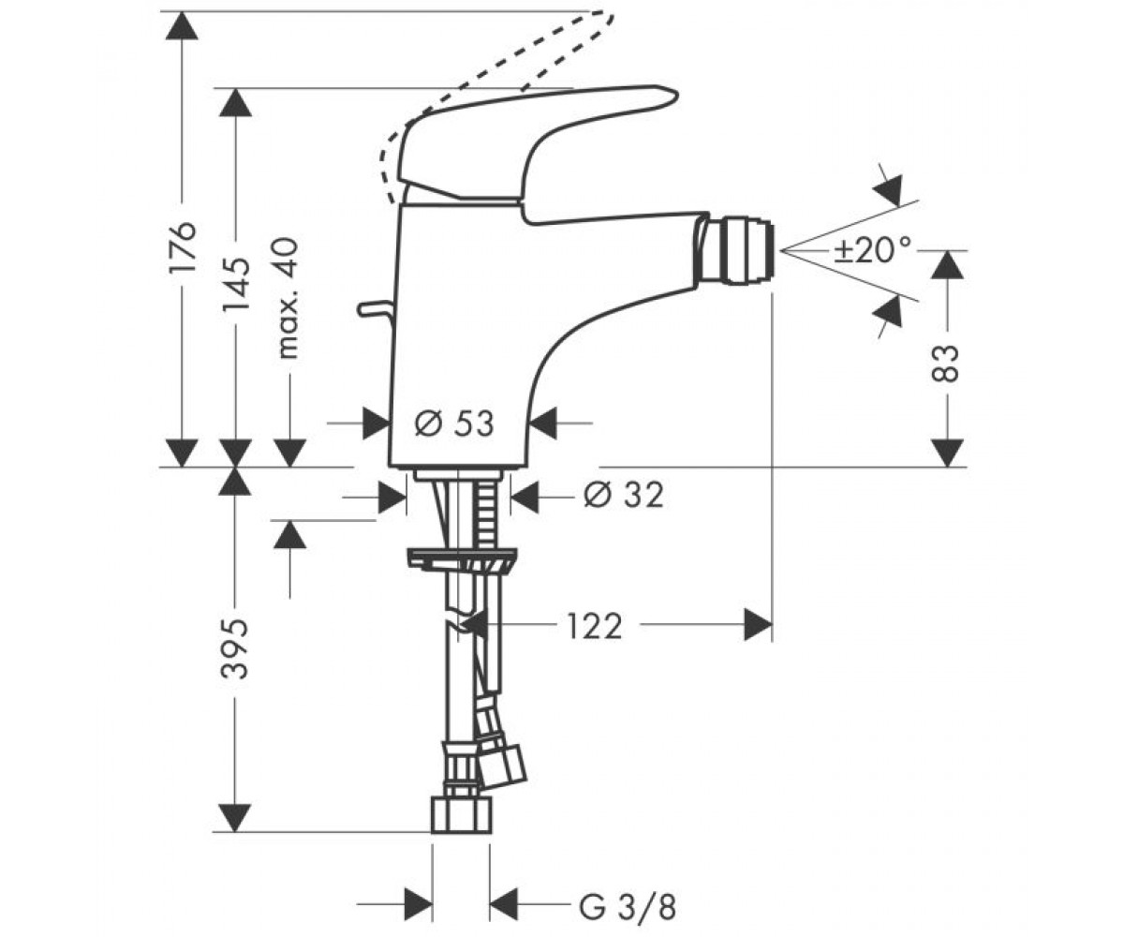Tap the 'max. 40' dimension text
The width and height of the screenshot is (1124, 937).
click(x=288, y=298)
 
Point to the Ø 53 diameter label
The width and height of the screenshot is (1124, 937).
click(x=453, y=424)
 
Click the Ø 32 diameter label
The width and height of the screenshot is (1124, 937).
click(x=624, y=495)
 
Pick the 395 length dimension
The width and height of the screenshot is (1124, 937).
click(x=236, y=649)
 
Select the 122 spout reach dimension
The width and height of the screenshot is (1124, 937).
click(x=595, y=626)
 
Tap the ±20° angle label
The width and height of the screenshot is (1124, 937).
click(x=873, y=250)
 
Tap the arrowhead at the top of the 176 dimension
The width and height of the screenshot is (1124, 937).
click(x=182, y=25)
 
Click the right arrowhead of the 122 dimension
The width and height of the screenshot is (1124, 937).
click(x=758, y=625)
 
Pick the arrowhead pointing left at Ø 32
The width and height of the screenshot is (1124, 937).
click(x=525, y=497)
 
